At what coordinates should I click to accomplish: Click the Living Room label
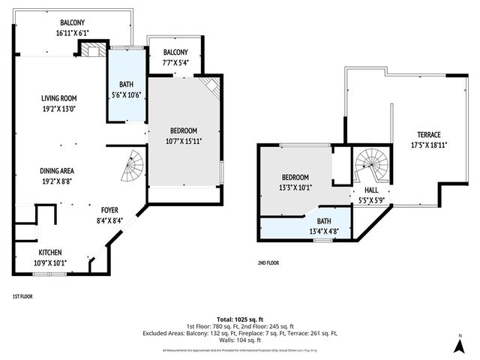pyautogui.click(x=58, y=98)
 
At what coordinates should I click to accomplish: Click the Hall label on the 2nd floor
pyautogui.click(x=371, y=190)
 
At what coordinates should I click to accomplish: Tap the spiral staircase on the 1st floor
pyautogui.click(x=133, y=167)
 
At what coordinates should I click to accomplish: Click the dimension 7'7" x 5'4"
pyautogui.click(x=175, y=62)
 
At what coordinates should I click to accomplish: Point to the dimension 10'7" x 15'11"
pyautogui.click(x=184, y=140)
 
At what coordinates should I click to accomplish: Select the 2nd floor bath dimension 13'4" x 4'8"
pyautogui.click(x=325, y=231)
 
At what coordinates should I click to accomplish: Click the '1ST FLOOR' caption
pyautogui.click(x=22, y=296)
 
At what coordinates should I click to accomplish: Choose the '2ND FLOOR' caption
pyautogui.click(x=268, y=263)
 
